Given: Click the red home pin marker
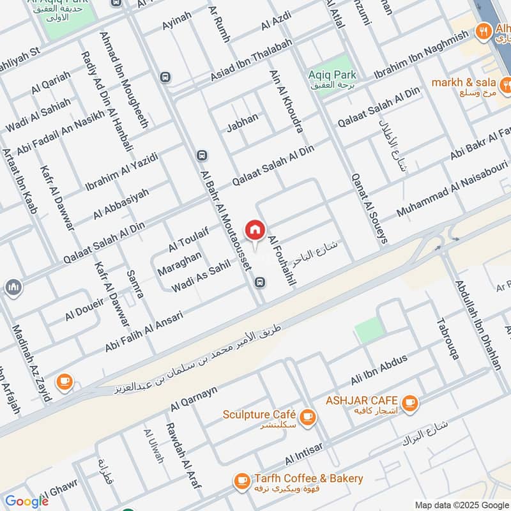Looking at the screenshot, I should point(255,231).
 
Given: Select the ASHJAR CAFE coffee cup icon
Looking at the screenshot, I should point(409,403).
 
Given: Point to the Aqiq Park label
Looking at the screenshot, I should point(332,75).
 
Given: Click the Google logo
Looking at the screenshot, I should point(27,501).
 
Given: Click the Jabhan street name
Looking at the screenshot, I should point(242,123).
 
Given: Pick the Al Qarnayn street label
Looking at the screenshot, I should point(194,398).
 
